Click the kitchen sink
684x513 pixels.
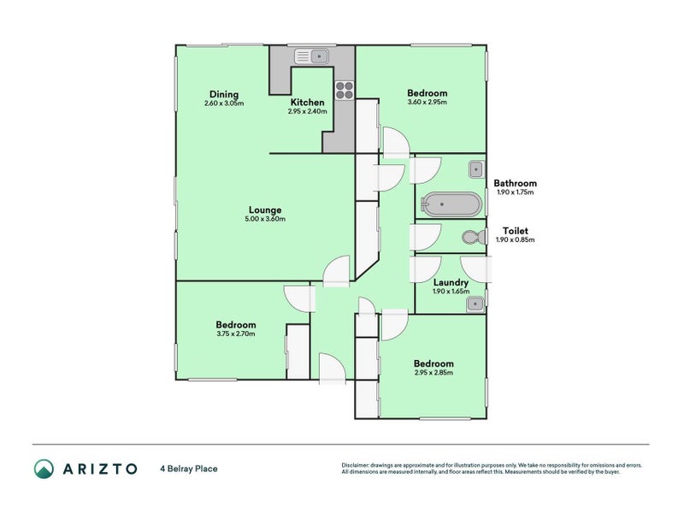pos(312,56)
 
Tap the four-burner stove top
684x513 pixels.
pos(345,91)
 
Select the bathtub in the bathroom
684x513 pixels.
pos(451,204)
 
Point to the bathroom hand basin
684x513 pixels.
pos(476,169)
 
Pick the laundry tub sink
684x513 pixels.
pos(475,304)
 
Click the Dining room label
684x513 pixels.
pos(224,94)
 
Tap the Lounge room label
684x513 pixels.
pos(265,209)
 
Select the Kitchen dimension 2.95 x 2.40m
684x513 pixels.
pos(308,111)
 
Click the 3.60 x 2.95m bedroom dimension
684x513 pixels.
pos(427,102)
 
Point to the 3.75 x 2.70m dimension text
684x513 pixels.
pos(236,333)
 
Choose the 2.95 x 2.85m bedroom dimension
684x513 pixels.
pos(433,373)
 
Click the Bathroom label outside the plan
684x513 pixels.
pos(516,183)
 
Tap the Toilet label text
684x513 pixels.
pos(516,231)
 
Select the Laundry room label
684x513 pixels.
pos(451,283)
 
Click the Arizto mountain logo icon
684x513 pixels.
pos(44,469)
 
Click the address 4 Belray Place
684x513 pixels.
pos(189,469)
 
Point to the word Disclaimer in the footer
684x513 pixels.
pos(356,465)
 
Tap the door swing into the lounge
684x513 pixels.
pos(336,271)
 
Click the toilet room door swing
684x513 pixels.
pos(425,238)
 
